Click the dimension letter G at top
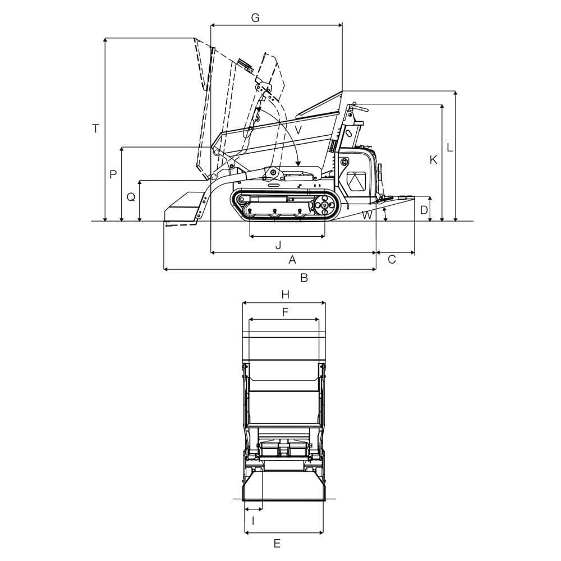point(255,17)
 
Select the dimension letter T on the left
point(95,128)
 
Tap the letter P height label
point(113,174)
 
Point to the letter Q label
point(131,197)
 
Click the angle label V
point(298,130)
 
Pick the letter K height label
point(433,159)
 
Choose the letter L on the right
point(449,147)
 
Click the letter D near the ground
point(424,210)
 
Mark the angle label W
point(367,215)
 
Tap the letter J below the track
point(278,245)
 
